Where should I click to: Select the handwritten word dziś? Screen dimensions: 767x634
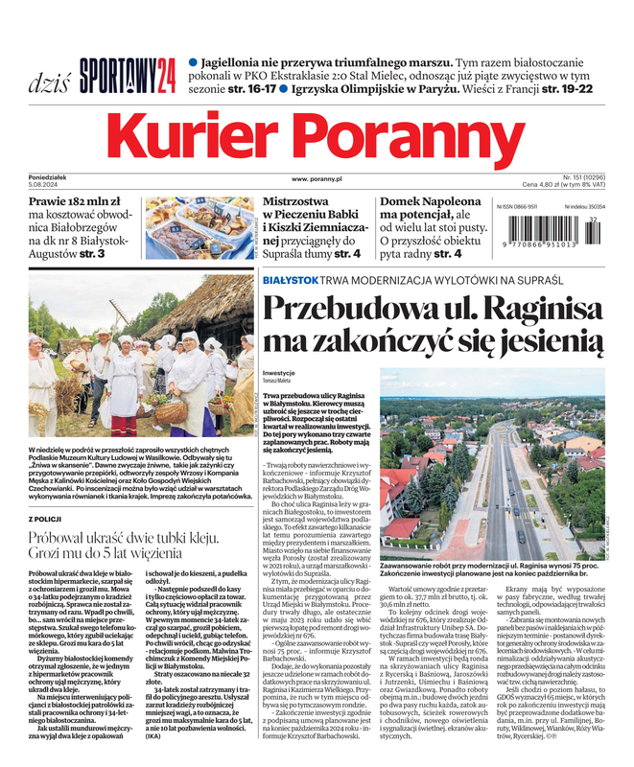pos(48,79)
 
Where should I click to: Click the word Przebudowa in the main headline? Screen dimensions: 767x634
pos(360,312)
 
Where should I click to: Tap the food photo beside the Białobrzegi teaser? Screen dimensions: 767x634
pos(199,228)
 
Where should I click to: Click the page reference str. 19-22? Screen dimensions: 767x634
pos(565,88)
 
